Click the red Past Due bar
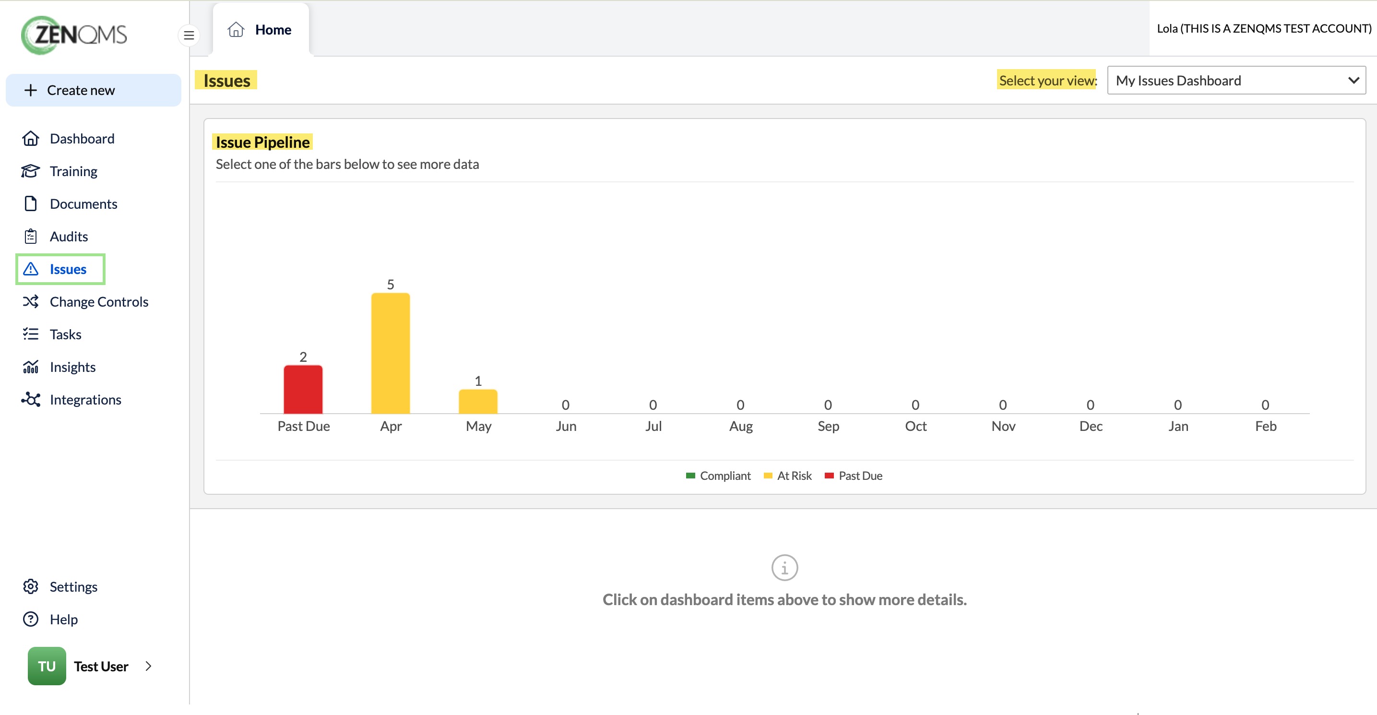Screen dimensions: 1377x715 (303, 389)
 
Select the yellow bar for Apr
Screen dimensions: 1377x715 (391, 353)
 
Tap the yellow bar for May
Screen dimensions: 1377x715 (478, 401)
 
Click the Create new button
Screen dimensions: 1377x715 (94, 90)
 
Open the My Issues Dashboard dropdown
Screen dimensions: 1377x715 (1236, 81)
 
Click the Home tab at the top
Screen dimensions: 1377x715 (261, 30)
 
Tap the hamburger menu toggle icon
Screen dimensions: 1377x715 (189, 36)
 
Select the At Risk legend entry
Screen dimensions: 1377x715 (788, 476)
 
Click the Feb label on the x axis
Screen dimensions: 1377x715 (1265, 426)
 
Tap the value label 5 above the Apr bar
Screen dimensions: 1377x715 (391, 285)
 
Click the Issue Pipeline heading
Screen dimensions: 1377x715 (262, 142)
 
